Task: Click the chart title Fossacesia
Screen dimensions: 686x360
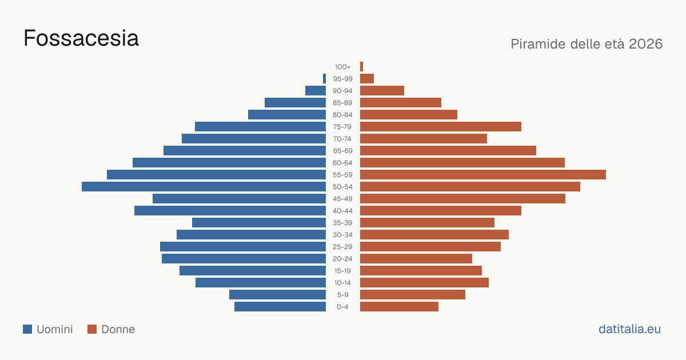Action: pos(81,38)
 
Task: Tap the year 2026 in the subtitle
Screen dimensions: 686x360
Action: pos(645,44)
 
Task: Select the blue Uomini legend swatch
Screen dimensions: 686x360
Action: pos(27,329)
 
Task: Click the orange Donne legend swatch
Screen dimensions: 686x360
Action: pos(92,329)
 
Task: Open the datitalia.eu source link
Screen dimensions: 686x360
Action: pos(629,329)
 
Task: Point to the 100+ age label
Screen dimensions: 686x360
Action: pos(342,67)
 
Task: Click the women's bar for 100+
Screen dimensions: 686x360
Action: pos(362,67)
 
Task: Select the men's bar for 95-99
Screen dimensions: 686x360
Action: pos(324,79)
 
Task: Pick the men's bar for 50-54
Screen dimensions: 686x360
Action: pos(204,187)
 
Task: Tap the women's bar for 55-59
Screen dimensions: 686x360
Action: pos(483,175)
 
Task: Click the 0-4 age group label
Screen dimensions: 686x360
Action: pos(342,307)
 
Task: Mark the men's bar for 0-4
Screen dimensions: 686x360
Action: pos(280,307)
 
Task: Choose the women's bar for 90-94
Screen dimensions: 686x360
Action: pos(382,91)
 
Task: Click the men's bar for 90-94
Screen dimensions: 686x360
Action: pos(316,91)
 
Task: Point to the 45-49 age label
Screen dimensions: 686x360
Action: pos(342,199)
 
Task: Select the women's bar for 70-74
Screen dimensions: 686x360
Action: pos(424,139)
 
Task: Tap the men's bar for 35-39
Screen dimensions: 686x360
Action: pos(259,223)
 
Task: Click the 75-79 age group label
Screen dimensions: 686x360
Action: pos(342,127)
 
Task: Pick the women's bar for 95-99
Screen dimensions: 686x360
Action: pos(367,79)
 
